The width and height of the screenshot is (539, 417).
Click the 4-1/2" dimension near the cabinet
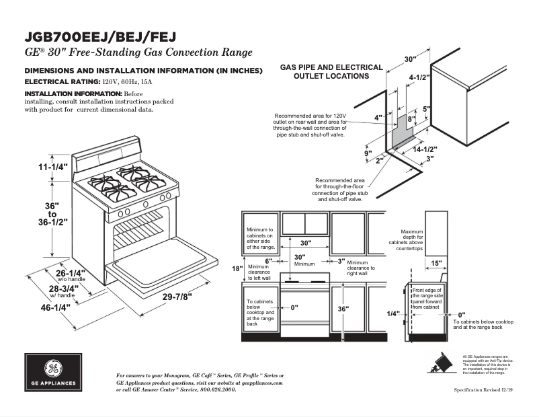tap(419, 77)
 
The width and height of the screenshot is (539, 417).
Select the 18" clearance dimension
tap(237, 269)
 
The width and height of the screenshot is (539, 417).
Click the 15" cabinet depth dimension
tap(436, 263)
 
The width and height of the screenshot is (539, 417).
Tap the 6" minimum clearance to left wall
tap(267, 260)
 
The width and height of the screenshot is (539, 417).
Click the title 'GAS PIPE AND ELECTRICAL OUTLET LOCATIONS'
tap(331, 71)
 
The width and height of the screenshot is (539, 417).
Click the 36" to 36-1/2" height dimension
tap(52, 212)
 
